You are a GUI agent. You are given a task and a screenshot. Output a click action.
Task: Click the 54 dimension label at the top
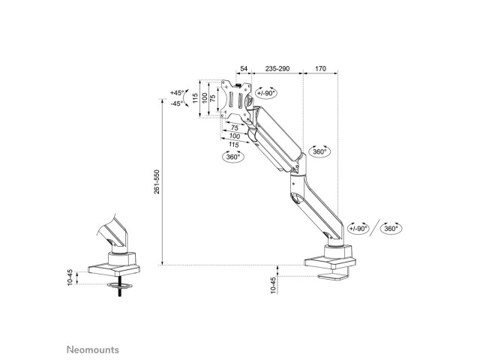243,68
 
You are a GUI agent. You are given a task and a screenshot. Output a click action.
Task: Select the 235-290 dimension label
277,68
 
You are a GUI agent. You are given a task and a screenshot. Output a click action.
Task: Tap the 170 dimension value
320,68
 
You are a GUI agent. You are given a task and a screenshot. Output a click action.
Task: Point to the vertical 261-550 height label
157,181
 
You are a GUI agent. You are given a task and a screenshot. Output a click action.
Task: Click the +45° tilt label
177,92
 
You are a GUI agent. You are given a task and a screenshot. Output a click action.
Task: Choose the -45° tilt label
177,103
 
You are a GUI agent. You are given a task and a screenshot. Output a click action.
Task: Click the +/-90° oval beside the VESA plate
266,93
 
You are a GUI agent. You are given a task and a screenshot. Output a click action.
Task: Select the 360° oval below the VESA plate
233,157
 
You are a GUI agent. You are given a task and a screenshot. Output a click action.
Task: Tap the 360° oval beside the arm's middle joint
319,151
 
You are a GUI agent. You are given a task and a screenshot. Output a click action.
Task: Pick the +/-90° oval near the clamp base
358,228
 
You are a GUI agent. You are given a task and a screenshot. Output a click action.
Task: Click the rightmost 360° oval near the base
391,228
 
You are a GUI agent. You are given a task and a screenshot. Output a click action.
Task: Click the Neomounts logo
93,349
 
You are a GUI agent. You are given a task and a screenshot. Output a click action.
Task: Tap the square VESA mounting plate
236,100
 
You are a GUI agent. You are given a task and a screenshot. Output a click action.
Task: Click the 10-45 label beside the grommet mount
70,277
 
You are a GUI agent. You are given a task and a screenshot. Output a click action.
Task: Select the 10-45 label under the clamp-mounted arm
273,285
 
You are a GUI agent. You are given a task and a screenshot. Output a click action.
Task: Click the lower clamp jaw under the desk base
331,277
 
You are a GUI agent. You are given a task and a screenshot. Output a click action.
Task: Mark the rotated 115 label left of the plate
195,98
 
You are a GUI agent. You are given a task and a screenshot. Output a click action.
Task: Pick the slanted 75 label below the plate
235,127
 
